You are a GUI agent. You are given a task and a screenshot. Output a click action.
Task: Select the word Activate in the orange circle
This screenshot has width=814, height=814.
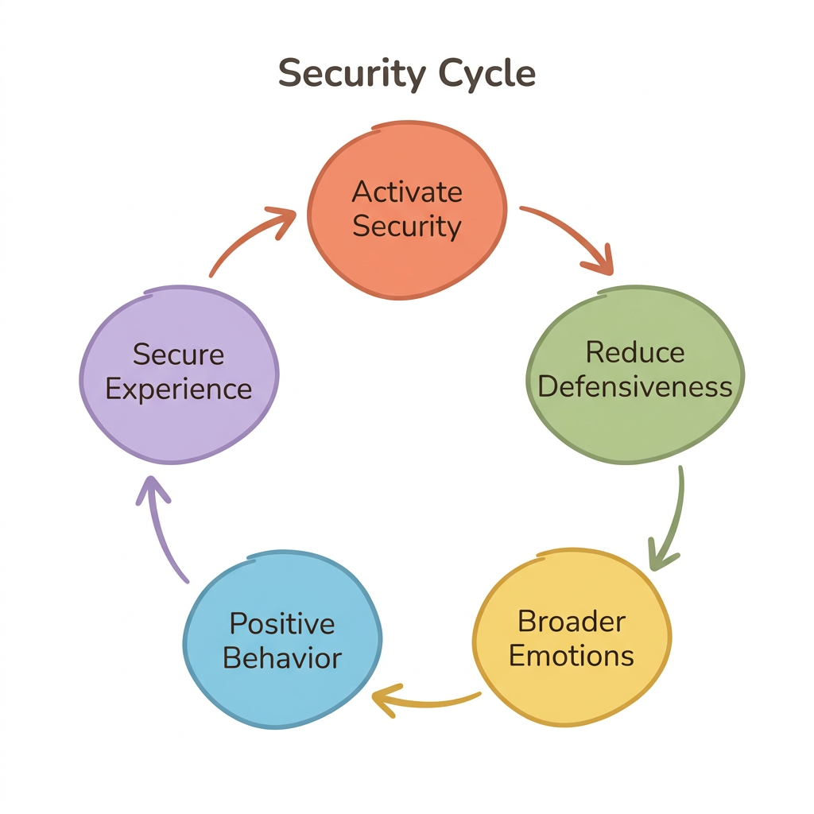point(407,192)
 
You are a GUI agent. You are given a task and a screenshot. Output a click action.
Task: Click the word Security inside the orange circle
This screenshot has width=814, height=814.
point(407,227)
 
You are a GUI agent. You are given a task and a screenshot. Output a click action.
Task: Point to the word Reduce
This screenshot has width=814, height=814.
point(634,352)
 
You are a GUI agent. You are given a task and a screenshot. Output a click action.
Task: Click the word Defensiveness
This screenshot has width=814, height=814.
point(634,386)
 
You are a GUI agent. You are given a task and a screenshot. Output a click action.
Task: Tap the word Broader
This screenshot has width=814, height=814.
point(572,621)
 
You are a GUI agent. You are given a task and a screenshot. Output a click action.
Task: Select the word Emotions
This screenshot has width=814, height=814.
point(572,656)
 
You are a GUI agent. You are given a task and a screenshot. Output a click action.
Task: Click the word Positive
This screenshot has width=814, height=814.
point(282,624)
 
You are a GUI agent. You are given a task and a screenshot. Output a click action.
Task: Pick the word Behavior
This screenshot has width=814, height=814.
point(282,658)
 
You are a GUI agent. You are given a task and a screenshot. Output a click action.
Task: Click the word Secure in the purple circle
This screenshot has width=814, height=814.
point(179,355)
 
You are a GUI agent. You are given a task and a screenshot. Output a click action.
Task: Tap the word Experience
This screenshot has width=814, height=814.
point(179,390)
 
